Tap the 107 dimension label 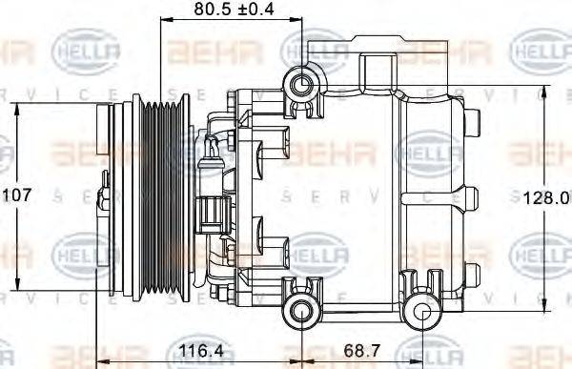click(18, 195)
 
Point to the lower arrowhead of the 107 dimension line click(18, 287)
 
